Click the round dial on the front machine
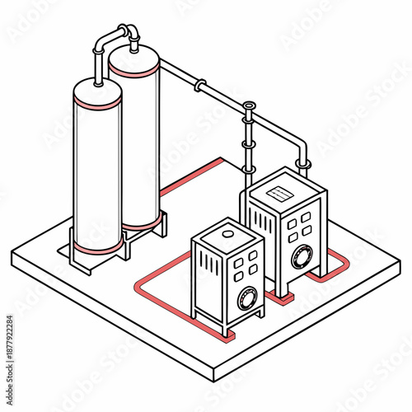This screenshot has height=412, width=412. click(x=246, y=297)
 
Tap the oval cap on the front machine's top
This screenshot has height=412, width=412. click(x=226, y=235)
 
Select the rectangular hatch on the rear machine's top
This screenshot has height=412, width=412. click(x=283, y=192)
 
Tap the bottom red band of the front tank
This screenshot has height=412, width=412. click(x=98, y=246)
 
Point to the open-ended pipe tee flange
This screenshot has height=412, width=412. click(x=249, y=106)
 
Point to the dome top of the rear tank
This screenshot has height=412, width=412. click(x=134, y=52)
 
